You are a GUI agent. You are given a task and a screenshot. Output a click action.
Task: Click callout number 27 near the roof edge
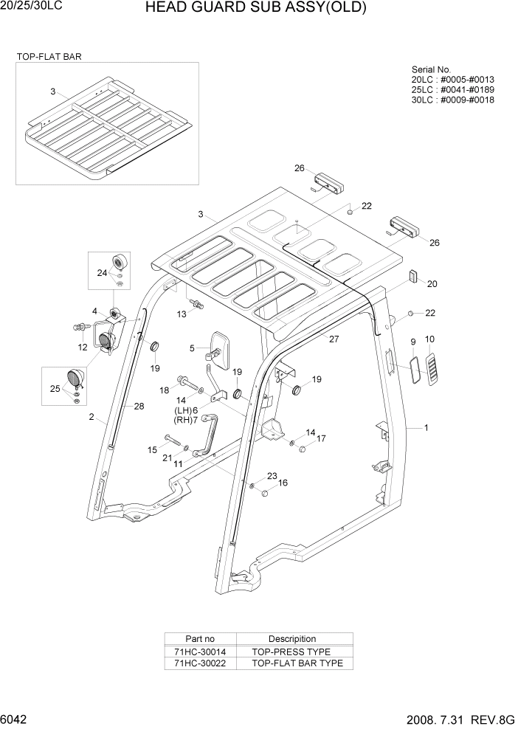click(x=334, y=339)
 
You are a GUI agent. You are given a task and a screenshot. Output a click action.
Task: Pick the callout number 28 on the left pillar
click(x=139, y=406)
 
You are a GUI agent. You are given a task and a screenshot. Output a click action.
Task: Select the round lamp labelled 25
click(x=76, y=380)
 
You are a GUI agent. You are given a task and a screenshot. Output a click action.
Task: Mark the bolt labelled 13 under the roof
click(x=196, y=303)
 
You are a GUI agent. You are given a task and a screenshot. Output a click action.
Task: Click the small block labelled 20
click(x=413, y=276)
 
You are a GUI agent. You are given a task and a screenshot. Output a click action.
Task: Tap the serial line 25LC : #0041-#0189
click(x=452, y=89)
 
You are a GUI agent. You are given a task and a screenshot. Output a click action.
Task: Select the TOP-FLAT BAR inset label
click(x=49, y=56)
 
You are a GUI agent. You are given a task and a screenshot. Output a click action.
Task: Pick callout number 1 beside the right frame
click(x=426, y=427)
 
